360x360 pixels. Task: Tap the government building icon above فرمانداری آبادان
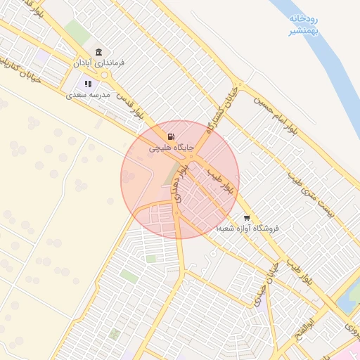click(x=98, y=53)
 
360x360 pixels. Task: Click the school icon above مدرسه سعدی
click(x=88, y=84)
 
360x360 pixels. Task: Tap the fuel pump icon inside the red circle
click(x=172, y=136)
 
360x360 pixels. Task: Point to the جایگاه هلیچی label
click(x=167, y=148)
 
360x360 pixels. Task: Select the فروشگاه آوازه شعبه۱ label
click(x=247, y=229)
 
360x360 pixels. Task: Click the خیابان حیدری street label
click(x=271, y=281)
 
